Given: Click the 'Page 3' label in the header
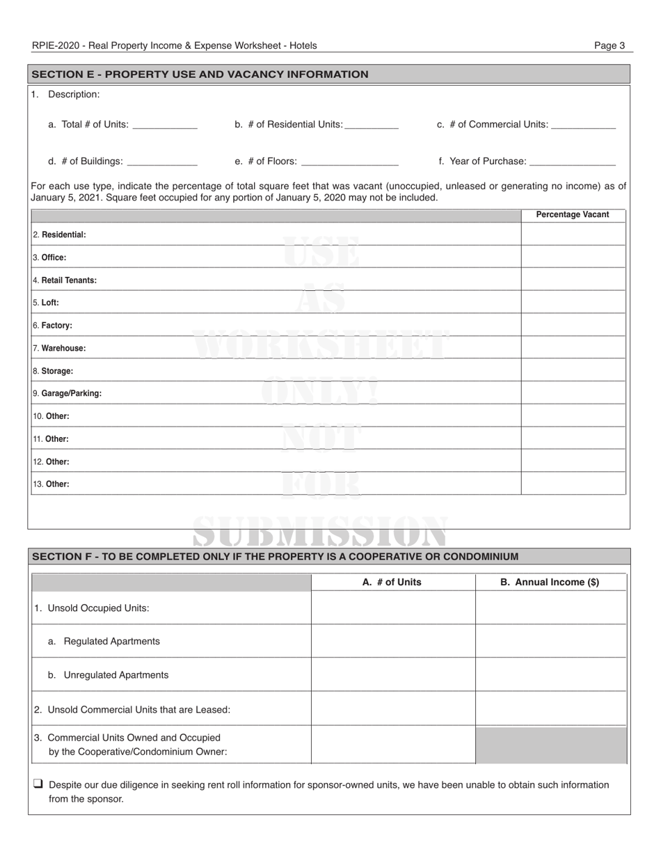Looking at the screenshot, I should pyautogui.click(x=609, y=46).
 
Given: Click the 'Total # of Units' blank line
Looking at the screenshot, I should pyautogui.click(x=165, y=126).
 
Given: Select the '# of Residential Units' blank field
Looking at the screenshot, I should pyautogui.click(x=372, y=126).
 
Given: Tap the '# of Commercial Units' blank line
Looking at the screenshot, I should pyautogui.click(x=583, y=126).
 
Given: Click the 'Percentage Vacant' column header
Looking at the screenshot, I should pyautogui.click(x=573, y=215).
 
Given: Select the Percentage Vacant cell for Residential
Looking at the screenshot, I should pyautogui.click(x=573, y=235).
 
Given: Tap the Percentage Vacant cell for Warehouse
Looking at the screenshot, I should pyautogui.click(x=573, y=348).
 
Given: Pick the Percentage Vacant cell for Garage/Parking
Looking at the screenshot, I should pyautogui.click(x=573, y=393).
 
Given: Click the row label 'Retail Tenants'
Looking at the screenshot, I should pyautogui.click(x=69, y=280).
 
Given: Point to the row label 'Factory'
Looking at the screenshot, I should pyautogui.click(x=56, y=326).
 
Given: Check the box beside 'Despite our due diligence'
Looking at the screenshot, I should pyautogui.click(x=38, y=784).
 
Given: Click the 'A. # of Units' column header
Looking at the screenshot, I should pyautogui.click(x=392, y=582).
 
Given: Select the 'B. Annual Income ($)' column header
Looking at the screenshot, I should pyautogui.click(x=550, y=582).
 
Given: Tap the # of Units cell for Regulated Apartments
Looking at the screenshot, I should pyautogui.click(x=392, y=641).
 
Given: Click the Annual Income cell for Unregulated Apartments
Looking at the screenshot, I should pyautogui.click(x=550, y=675).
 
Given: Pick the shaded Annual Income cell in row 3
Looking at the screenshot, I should pyautogui.click(x=550, y=745).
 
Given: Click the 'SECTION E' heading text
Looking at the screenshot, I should pyautogui.click(x=200, y=74).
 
